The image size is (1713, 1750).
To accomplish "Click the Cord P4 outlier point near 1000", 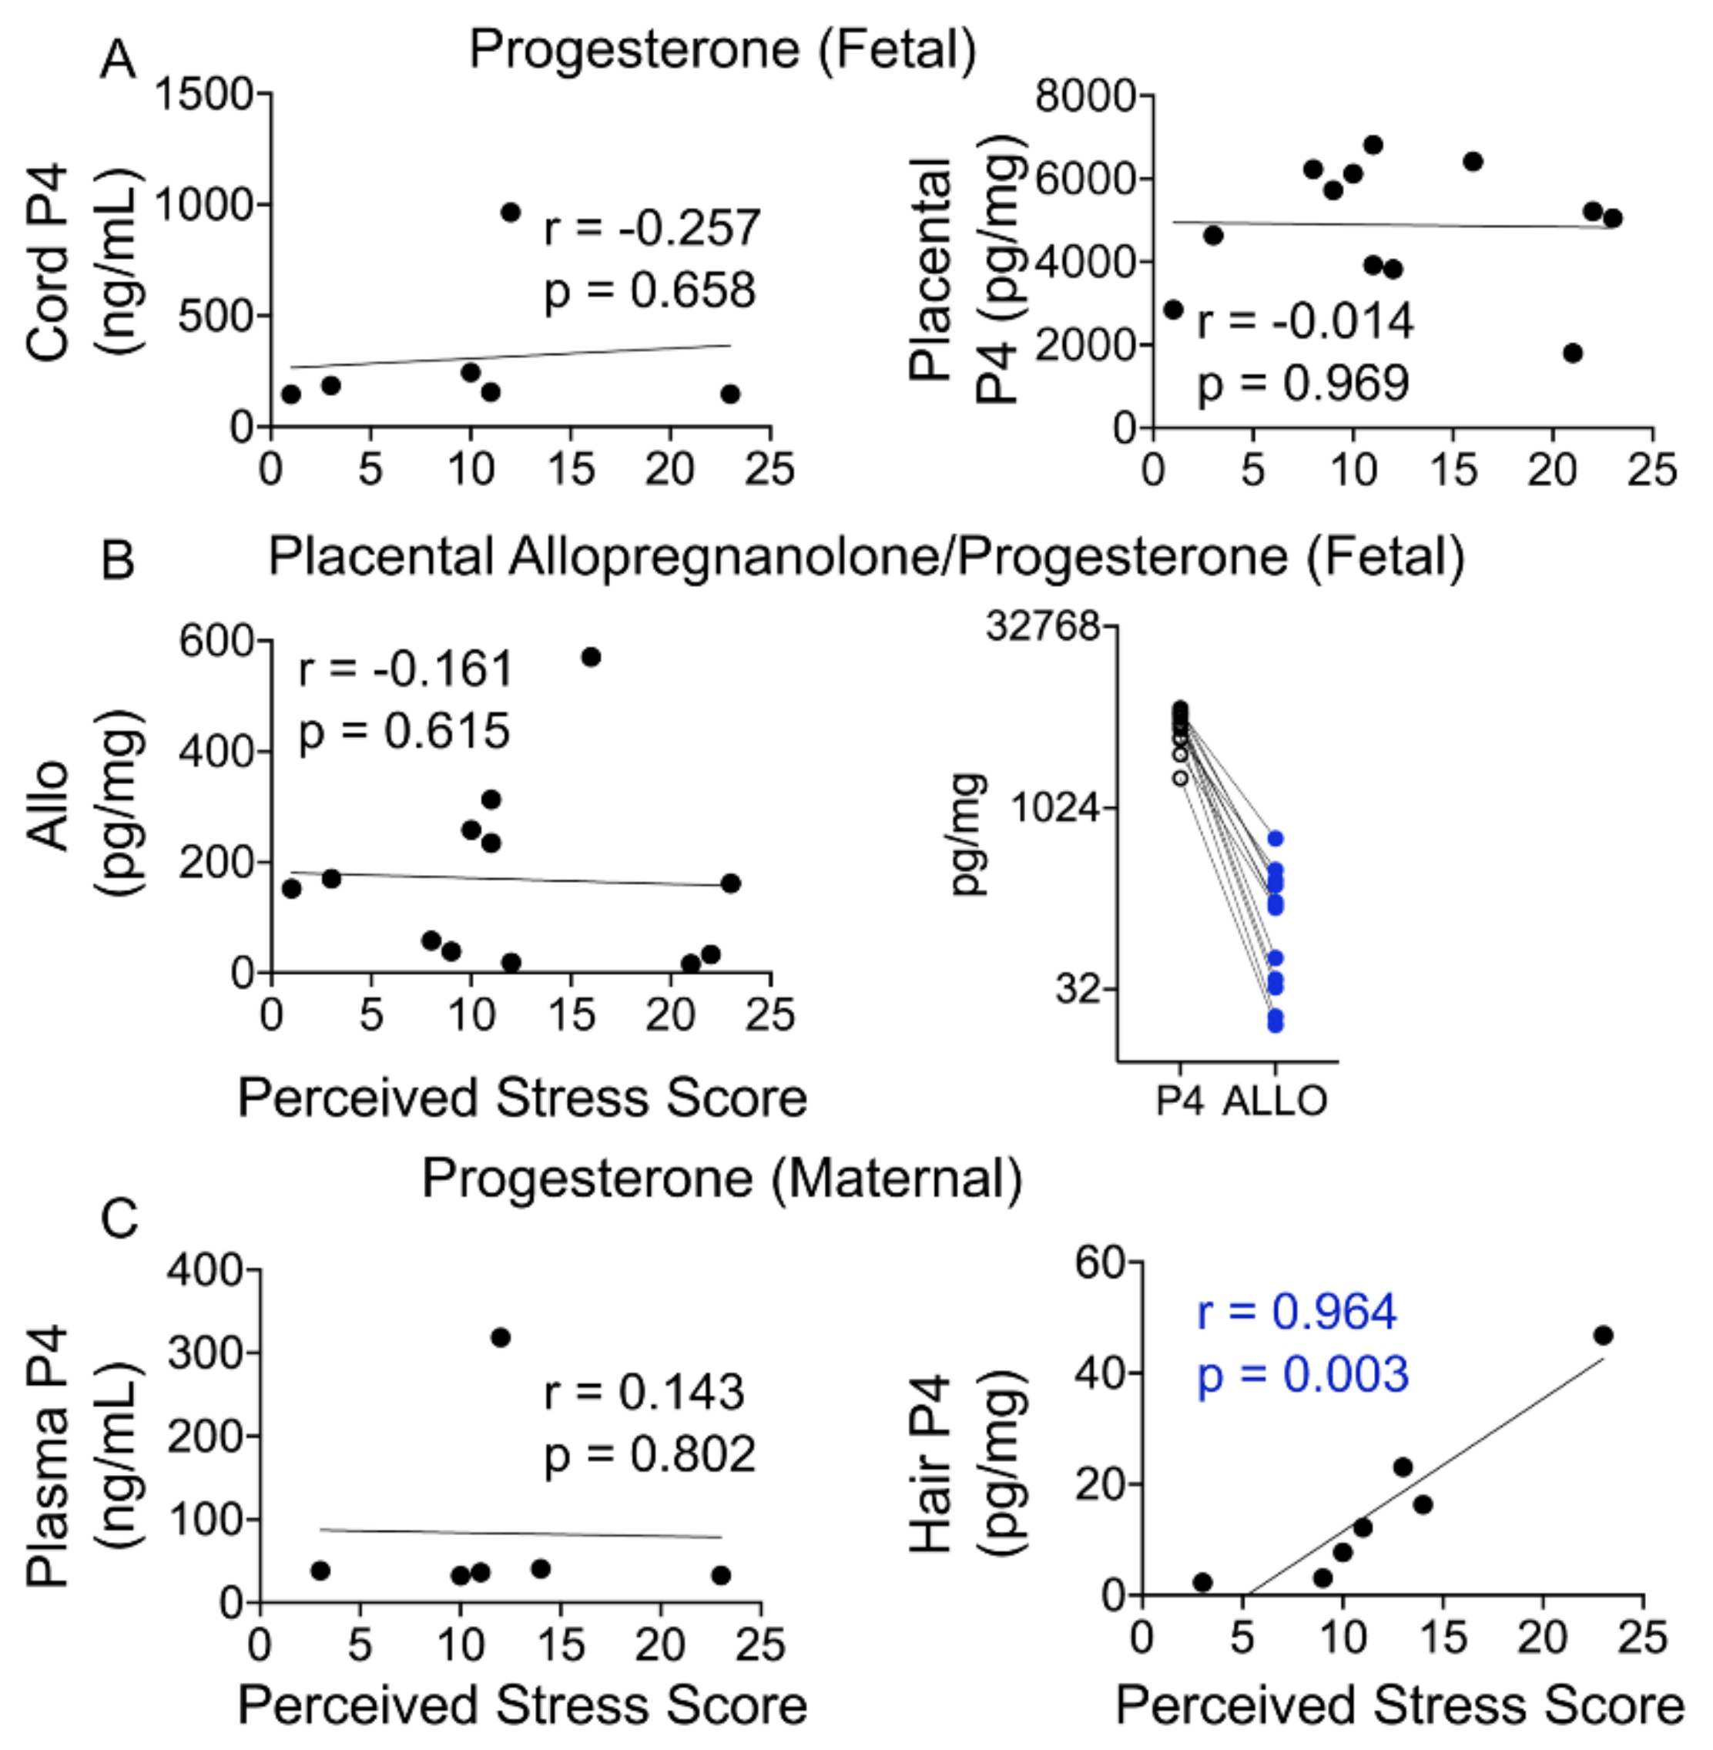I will tap(511, 213).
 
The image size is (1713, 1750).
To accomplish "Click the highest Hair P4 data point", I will tap(1602, 1335).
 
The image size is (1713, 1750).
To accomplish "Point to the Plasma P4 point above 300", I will tap(500, 1338).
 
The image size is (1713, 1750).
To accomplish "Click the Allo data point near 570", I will tap(590, 657).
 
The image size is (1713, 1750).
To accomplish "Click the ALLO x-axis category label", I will tap(1275, 1101).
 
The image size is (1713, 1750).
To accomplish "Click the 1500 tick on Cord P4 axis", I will tap(204, 93).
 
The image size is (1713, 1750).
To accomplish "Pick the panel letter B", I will tap(118, 560).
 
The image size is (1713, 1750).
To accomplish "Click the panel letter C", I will tap(119, 1220).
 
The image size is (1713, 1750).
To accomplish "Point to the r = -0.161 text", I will tap(405, 669).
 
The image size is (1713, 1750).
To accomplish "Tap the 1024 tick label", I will tap(1055, 807).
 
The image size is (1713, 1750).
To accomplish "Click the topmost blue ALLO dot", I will tap(1275, 839).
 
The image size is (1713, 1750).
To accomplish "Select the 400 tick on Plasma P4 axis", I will tap(204, 1269).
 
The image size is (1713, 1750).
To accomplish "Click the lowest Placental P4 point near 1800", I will tap(1573, 353).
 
